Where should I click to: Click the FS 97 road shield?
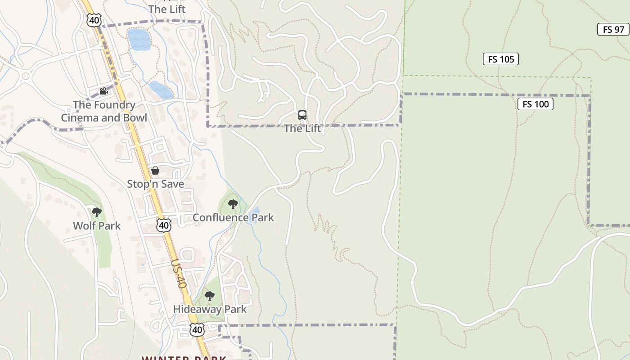613,29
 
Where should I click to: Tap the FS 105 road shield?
500,59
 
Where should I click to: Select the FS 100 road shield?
535,104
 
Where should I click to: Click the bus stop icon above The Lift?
302,115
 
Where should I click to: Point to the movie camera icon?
103,91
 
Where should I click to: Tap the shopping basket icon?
155,171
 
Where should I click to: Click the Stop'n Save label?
155,184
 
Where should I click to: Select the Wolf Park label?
97,225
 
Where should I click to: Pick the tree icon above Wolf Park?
97,212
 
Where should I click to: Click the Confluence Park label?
233,218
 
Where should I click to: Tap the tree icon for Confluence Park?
233,205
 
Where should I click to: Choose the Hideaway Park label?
210,310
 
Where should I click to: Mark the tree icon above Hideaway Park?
209,296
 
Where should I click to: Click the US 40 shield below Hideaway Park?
197,330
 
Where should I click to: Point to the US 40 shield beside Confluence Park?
164,225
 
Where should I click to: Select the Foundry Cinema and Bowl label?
104,111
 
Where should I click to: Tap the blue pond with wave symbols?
139,40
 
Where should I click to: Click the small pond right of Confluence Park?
255,211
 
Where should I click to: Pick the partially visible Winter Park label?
184,358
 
